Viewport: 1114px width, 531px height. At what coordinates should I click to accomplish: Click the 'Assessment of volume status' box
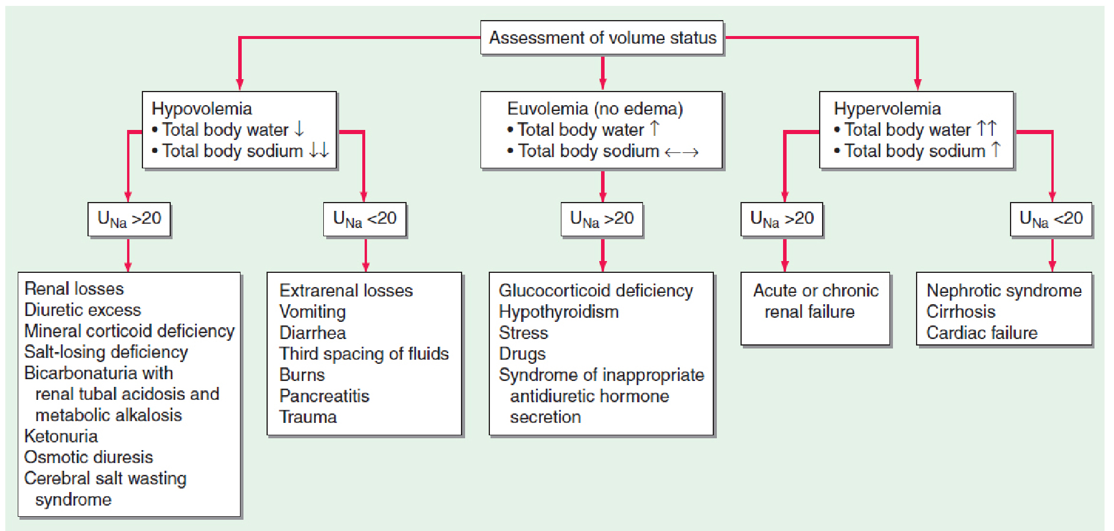[x=602, y=38]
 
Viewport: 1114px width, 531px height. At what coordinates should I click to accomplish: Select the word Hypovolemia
[x=202, y=109]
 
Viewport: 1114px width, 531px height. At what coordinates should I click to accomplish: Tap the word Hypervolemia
[x=886, y=109]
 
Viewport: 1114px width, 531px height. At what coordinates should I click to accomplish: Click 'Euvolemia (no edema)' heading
[x=595, y=109]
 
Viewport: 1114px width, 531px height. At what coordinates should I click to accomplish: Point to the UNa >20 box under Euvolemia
[x=602, y=219]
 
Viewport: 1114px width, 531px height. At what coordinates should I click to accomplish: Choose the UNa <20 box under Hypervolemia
[x=1051, y=219]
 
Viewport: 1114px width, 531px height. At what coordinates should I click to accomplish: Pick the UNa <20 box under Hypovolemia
[x=365, y=219]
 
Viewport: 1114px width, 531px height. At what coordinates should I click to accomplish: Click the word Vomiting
[x=312, y=312]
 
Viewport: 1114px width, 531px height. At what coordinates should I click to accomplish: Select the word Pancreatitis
[x=324, y=396]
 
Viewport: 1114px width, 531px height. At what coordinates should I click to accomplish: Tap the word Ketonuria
[x=61, y=436]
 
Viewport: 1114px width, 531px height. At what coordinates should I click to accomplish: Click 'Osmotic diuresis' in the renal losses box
[x=89, y=457]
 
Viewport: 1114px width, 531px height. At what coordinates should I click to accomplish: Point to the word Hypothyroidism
[x=558, y=312]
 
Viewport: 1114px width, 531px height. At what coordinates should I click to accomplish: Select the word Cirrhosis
[x=960, y=312]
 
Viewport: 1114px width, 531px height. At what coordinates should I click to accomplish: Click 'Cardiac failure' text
[x=982, y=333]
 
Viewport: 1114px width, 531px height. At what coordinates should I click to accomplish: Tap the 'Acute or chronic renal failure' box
[x=815, y=308]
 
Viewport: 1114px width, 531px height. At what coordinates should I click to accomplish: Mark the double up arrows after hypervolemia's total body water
[x=986, y=128]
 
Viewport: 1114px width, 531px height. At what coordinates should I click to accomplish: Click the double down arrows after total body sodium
[x=319, y=150]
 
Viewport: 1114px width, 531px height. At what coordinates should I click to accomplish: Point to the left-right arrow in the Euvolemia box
[x=681, y=152]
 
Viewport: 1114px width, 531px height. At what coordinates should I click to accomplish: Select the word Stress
[x=523, y=333]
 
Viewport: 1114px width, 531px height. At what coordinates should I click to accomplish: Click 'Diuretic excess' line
[x=83, y=310]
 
